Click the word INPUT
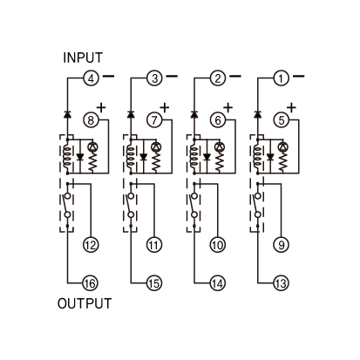(x=83, y=58)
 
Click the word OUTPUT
(x=85, y=303)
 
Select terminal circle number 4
(x=91, y=78)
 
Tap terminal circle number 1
(x=282, y=78)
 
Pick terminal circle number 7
(x=154, y=119)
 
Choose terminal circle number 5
(x=282, y=119)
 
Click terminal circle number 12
(x=91, y=245)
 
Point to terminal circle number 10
(x=218, y=245)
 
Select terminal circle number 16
(x=91, y=283)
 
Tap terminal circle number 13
(x=282, y=283)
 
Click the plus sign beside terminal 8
(x=101, y=108)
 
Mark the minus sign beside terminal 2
(x=235, y=76)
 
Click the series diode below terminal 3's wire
(x=131, y=114)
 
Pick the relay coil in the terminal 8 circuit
(x=67, y=157)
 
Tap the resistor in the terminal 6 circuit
(x=220, y=162)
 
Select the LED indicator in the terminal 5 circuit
(x=282, y=147)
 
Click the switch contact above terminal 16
(x=66, y=205)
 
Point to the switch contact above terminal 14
(x=194, y=205)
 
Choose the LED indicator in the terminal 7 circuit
(x=156, y=147)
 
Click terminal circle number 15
(x=154, y=283)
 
